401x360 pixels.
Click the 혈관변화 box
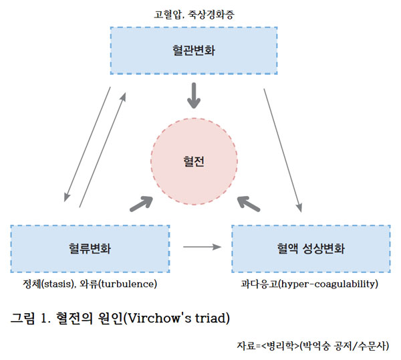click(x=194, y=50)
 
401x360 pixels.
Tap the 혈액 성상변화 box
click(x=311, y=248)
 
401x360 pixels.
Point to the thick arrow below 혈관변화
click(x=194, y=96)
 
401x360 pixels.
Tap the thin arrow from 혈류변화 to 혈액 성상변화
click(x=202, y=248)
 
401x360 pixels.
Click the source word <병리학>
click(x=279, y=345)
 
